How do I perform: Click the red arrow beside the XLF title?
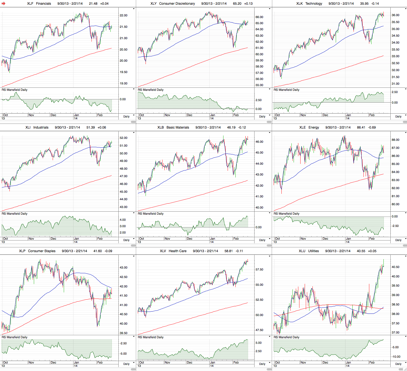coord(4,4)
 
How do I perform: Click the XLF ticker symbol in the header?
coord(30,4)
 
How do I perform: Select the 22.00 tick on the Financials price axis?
coord(123,16)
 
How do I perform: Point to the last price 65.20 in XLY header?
coord(237,4)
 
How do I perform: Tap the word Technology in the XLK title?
coord(314,4)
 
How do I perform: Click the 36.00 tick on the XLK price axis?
coord(395,15)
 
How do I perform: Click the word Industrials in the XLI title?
coord(41,127)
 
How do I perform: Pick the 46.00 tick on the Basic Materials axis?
coord(259,142)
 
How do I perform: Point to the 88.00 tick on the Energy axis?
coord(395,140)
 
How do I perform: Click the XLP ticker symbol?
coord(22,251)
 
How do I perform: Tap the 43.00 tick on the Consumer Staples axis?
coord(123,268)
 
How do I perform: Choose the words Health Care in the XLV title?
coord(177,251)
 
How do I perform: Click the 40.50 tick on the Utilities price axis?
coord(395,267)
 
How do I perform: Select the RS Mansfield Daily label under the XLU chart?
coord(286,337)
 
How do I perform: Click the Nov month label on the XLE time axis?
coord(303,239)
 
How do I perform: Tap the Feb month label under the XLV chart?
coord(236,362)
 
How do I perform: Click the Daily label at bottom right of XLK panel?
coord(398,117)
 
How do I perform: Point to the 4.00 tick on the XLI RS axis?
coord(123,220)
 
